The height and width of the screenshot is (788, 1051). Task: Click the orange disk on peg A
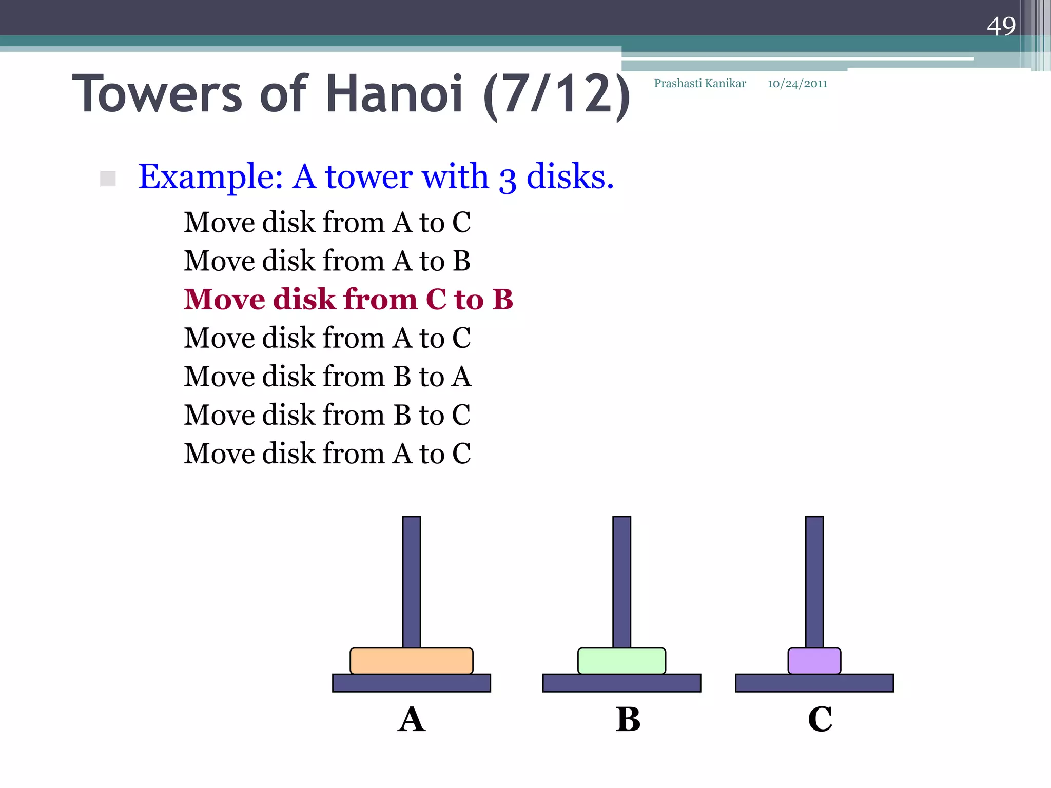pyautogui.click(x=411, y=661)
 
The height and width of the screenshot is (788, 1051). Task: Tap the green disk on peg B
pyautogui.click(x=621, y=661)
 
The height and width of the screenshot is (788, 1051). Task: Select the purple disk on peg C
pyautogui.click(x=814, y=661)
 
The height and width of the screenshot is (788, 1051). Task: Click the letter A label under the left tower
pyautogui.click(x=412, y=719)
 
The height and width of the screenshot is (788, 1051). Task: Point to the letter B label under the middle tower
pyautogui.click(x=628, y=719)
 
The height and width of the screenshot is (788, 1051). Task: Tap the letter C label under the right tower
pyautogui.click(x=820, y=719)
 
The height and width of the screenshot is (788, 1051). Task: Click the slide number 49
pyautogui.click(x=1001, y=26)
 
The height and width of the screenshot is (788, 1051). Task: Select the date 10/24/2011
pyautogui.click(x=797, y=84)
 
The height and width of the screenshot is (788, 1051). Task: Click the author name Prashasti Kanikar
pyautogui.click(x=700, y=84)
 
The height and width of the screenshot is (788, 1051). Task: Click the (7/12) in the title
pyautogui.click(x=557, y=94)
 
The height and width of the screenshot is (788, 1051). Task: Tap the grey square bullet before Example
pyautogui.click(x=108, y=179)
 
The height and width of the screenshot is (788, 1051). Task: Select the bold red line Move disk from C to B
pyautogui.click(x=348, y=299)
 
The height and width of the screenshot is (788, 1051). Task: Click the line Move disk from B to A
pyautogui.click(x=327, y=376)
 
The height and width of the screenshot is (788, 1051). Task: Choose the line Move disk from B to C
pyautogui.click(x=327, y=415)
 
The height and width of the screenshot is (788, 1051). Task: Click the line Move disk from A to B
pyautogui.click(x=327, y=261)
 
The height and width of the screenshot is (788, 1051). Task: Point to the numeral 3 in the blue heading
pyautogui.click(x=507, y=180)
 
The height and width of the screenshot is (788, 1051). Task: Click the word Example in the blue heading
pyautogui.click(x=210, y=177)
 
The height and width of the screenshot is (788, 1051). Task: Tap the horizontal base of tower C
pyautogui.click(x=814, y=683)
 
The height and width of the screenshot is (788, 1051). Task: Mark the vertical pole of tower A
pyautogui.click(x=412, y=580)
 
